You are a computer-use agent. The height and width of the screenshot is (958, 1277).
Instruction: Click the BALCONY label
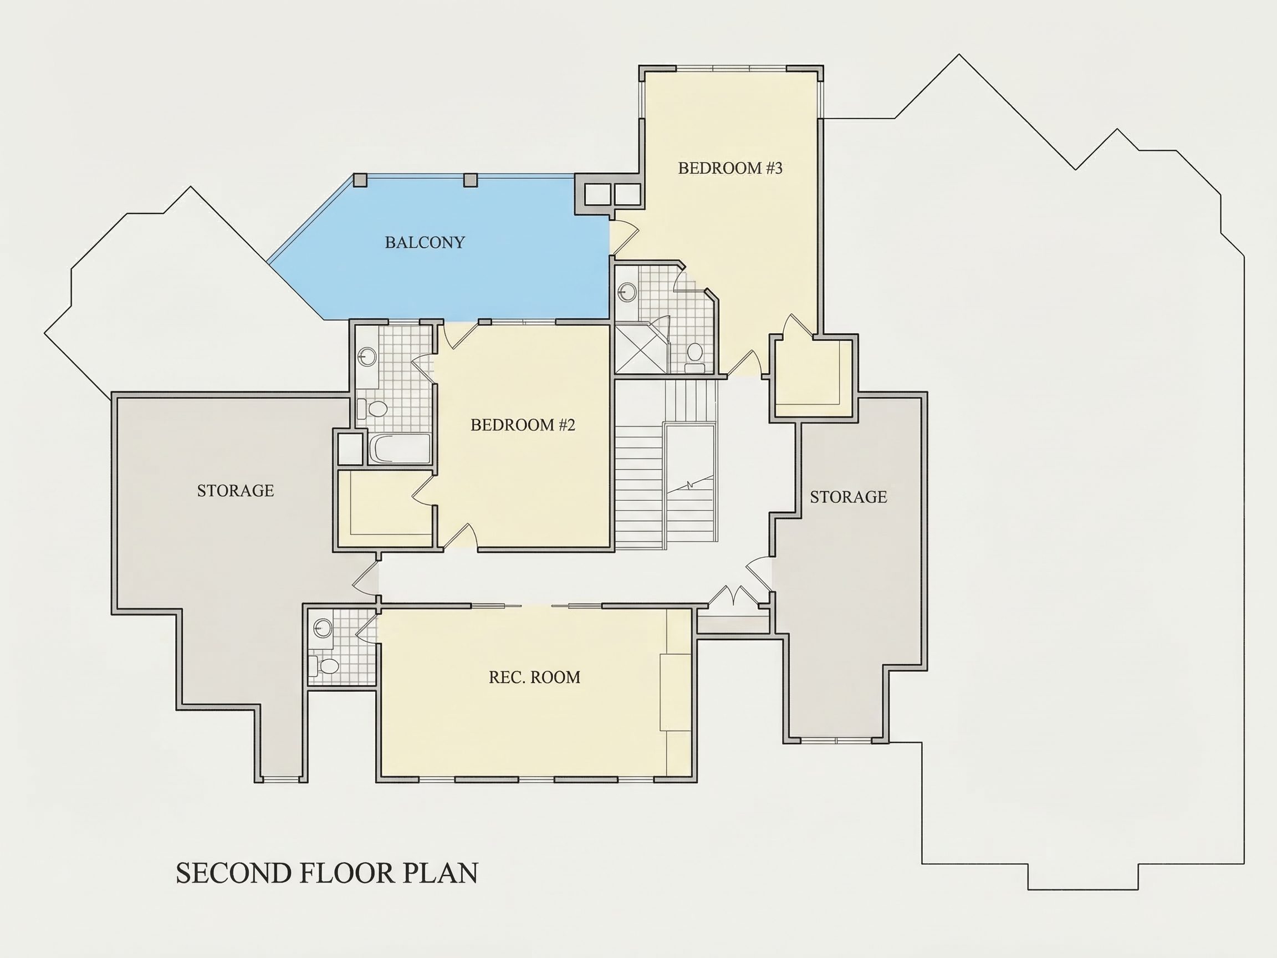(x=425, y=242)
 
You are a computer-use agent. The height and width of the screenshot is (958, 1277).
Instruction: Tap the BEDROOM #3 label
(x=730, y=168)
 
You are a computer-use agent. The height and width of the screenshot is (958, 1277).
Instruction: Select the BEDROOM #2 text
(x=523, y=425)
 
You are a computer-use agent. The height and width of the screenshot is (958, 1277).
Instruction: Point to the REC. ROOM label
(x=535, y=677)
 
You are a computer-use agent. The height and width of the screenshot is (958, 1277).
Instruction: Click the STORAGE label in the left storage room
(x=236, y=490)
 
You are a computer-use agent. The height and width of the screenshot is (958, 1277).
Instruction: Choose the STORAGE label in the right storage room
(x=848, y=497)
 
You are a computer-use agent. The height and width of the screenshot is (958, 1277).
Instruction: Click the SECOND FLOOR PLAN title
(x=327, y=873)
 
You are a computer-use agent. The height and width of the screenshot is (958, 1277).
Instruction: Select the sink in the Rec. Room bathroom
(x=322, y=626)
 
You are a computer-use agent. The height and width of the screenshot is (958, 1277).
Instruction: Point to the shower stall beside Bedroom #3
(x=641, y=349)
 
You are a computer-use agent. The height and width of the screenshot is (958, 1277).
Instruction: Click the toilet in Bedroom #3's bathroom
(x=694, y=357)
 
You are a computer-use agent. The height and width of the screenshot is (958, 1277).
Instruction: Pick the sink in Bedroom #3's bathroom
(x=627, y=292)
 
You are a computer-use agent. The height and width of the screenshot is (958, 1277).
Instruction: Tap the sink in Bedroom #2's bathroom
(x=366, y=356)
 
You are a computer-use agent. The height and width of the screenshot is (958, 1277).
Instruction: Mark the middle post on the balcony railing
(x=471, y=180)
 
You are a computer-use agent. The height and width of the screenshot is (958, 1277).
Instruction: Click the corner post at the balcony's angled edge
(x=360, y=180)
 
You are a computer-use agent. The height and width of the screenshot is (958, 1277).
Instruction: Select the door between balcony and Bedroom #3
(x=625, y=237)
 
